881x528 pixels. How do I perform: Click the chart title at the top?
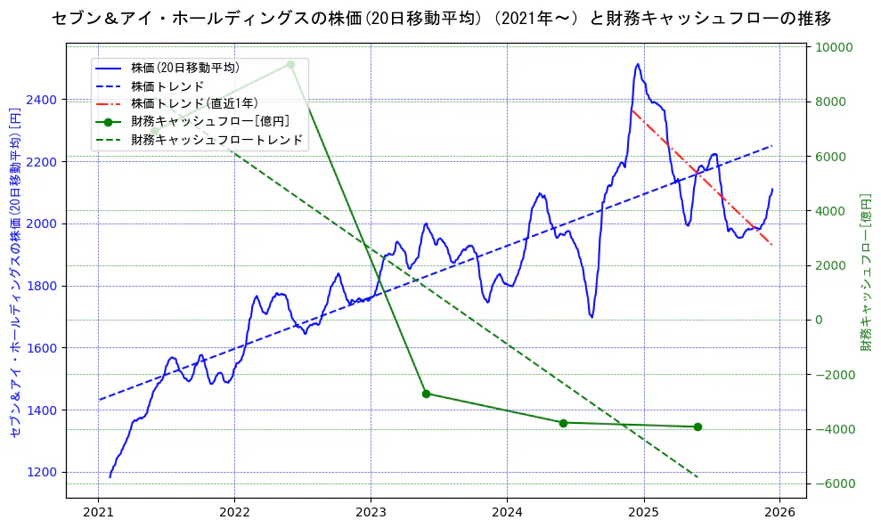pyautogui.click(x=441, y=18)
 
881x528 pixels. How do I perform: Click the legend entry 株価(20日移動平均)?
pyautogui.click(x=184, y=67)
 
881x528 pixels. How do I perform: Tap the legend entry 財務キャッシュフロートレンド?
pyautogui.click(x=216, y=140)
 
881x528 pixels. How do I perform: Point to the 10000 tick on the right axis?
pyautogui.click(x=831, y=47)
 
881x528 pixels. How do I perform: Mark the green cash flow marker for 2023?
pyautogui.click(x=426, y=394)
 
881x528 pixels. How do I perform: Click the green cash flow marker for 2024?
pyautogui.click(x=563, y=423)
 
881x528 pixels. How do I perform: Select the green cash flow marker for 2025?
pyautogui.click(x=697, y=426)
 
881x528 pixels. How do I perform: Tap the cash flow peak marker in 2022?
pyautogui.click(x=290, y=64)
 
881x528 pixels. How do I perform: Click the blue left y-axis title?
pyautogui.click(x=15, y=272)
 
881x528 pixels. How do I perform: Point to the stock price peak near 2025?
pyautogui.click(x=637, y=64)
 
